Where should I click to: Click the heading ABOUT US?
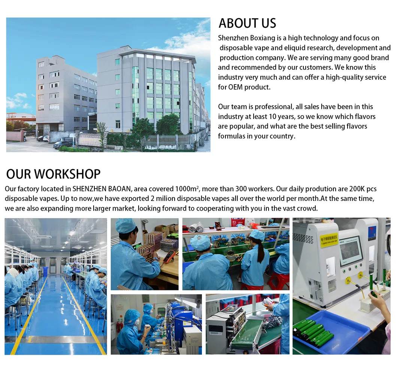pos(247,23)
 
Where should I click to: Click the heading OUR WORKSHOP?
pos(53,174)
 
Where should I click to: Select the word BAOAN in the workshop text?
pos(112,189)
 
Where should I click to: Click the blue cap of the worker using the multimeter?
pos(125,226)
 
